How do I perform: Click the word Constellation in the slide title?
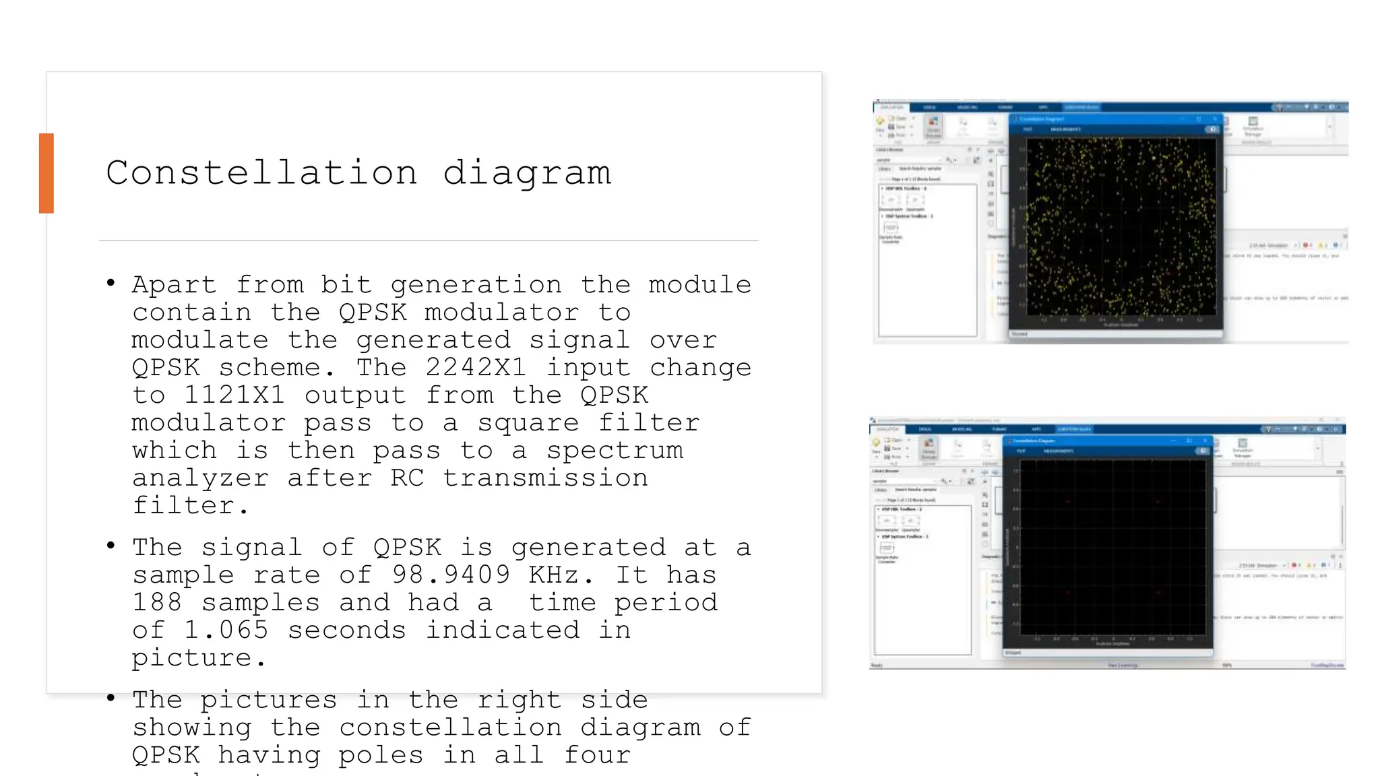click(261, 172)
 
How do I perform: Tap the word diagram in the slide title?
click(527, 174)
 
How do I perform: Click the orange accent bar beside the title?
click(46, 173)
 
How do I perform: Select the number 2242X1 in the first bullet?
click(476, 367)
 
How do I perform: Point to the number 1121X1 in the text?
click(234, 395)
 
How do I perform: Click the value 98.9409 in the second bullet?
click(451, 575)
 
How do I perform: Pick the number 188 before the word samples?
click(157, 602)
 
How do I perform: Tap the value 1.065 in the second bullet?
click(226, 630)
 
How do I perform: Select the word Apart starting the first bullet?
click(174, 284)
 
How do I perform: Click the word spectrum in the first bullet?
click(615, 450)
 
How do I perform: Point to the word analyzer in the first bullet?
click(200, 478)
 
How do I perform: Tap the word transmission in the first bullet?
click(545, 478)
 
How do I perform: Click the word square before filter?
click(528, 422)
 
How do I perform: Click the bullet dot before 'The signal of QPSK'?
click(111, 545)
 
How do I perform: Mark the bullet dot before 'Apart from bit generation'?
click(111, 283)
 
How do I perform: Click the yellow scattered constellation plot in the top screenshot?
click(1120, 226)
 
